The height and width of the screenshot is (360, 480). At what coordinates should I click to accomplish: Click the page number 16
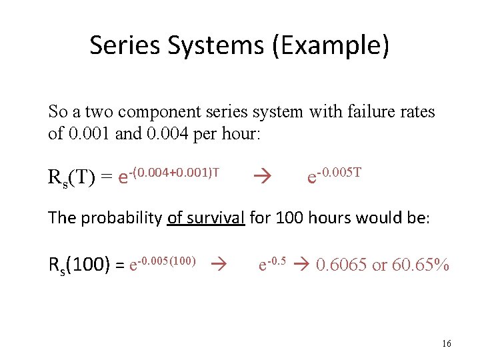446,343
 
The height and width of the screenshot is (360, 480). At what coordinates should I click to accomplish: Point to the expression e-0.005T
334,176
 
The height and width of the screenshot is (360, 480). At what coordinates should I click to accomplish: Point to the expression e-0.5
272,264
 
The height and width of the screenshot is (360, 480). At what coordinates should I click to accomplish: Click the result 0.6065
342,265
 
